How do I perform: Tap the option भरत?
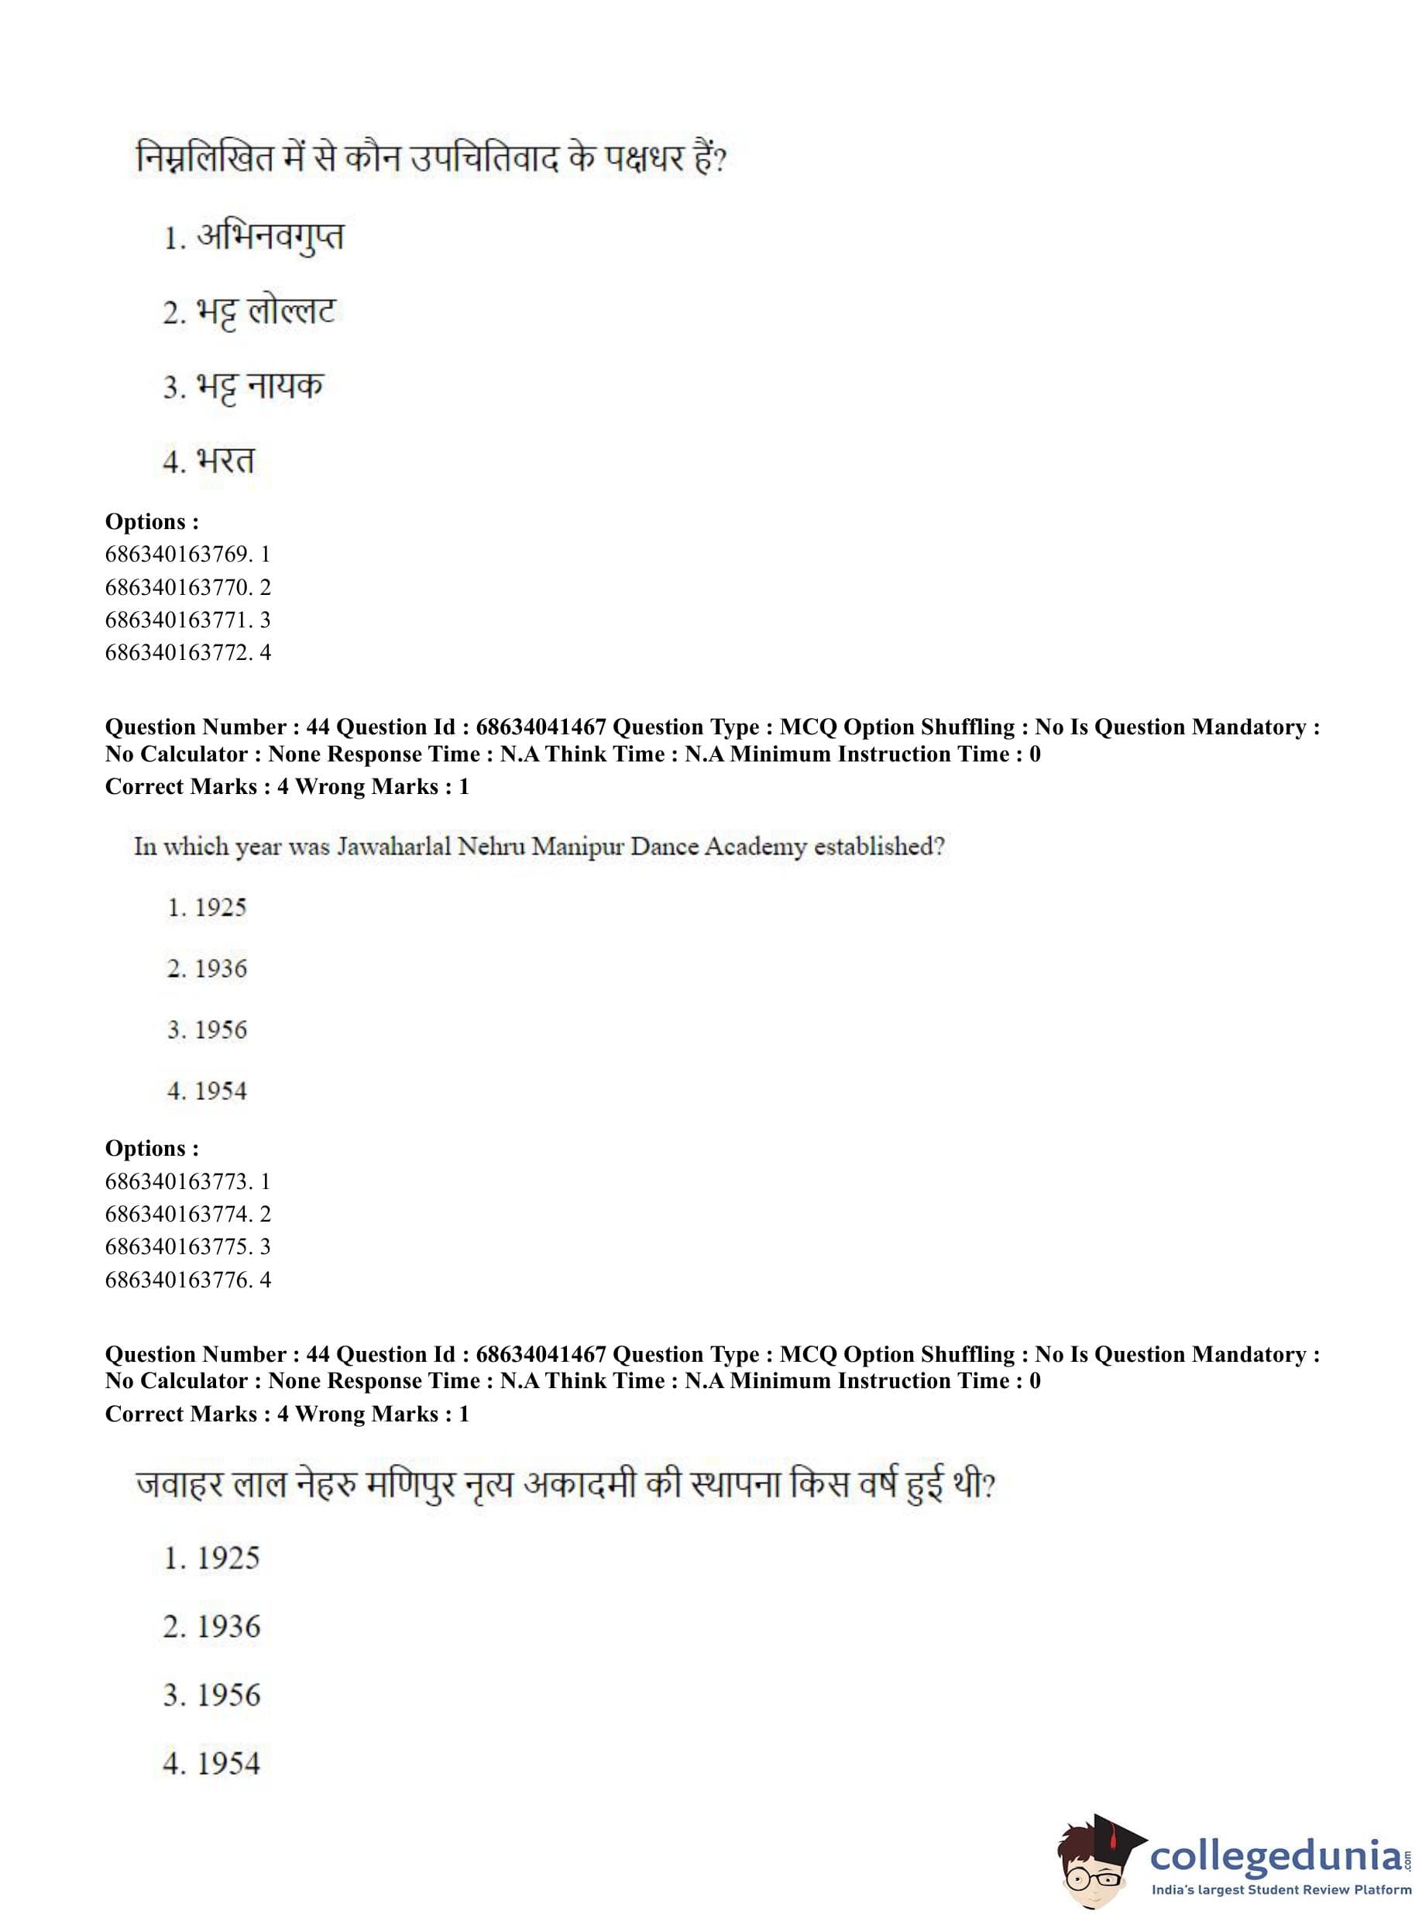(x=225, y=461)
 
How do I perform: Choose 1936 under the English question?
(x=221, y=969)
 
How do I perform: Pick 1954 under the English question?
(x=221, y=1091)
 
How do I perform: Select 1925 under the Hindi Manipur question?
(x=228, y=1558)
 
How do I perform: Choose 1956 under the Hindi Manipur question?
(x=228, y=1695)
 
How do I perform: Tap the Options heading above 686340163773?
(x=152, y=1148)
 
